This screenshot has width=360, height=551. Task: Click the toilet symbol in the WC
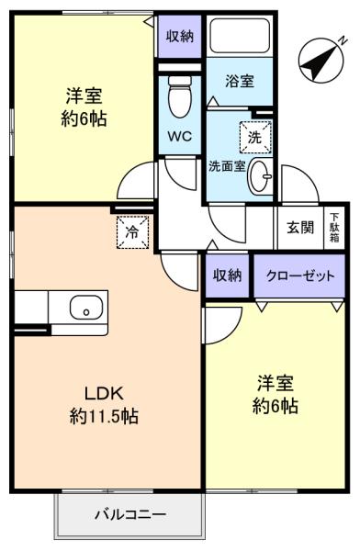pyautogui.click(x=180, y=96)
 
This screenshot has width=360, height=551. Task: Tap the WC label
pyautogui.click(x=180, y=136)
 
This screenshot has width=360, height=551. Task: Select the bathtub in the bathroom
pyautogui.click(x=240, y=36)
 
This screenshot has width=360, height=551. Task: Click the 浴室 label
pyautogui.click(x=240, y=81)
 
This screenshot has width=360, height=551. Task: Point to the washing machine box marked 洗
pyautogui.click(x=255, y=137)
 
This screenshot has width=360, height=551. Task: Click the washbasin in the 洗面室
pyautogui.click(x=260, y=175)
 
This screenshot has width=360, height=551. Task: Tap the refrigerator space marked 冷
pyautogui.click(x=133, y=232)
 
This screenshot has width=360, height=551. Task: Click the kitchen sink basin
pyautogui.click(x=86, y=307)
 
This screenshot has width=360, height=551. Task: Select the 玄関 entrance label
pyautogui.click(x=300, y=228)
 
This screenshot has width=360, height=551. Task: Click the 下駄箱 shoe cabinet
pyautogui.click(x=334, y=228)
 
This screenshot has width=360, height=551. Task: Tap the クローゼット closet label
pyautogui.click(x=300, y=275)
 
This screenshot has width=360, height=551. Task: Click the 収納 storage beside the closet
pyautogui.click(x=228, y=275)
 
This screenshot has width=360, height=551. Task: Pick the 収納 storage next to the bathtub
pyautogui.click(x=180, y=36)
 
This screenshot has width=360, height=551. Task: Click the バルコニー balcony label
pyautogui.click(x=130, y=515)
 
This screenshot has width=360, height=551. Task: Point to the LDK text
pyautogui.click(x=104, y=394)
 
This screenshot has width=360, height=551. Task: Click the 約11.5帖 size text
pyautogui.click(x=104, y=417)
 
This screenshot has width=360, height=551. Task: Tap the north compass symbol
pyautogui.click(x=321, y=61)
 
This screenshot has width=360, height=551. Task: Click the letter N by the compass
pyautogui.click(x=343, y=41)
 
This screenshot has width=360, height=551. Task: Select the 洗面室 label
pyautogui.click(x=227, y=166)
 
